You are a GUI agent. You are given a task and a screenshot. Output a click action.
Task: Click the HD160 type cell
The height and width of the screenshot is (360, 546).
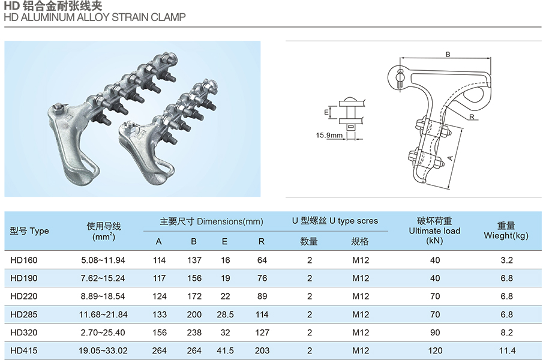pos(23,260)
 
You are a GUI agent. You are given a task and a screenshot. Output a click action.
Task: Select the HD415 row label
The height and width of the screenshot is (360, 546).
pos(23,350)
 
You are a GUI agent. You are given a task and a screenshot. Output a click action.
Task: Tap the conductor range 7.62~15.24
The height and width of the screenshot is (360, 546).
pos(103,278)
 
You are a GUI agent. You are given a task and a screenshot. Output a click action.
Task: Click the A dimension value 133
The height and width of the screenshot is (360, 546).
pos(159,314)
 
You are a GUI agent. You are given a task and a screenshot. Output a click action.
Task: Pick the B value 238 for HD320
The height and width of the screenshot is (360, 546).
pos(194,332)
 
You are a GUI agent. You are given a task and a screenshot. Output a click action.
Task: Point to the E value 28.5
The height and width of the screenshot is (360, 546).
pos(225,314)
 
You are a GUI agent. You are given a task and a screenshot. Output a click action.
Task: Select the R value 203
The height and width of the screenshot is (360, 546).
pos(262,350)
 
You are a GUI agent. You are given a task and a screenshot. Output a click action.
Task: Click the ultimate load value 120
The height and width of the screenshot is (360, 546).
pos(435,350)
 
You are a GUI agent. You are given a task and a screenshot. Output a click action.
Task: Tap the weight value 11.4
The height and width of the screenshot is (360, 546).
pos(506,350)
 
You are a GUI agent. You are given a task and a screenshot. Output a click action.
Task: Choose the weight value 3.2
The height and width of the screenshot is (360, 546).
pos(506,260)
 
